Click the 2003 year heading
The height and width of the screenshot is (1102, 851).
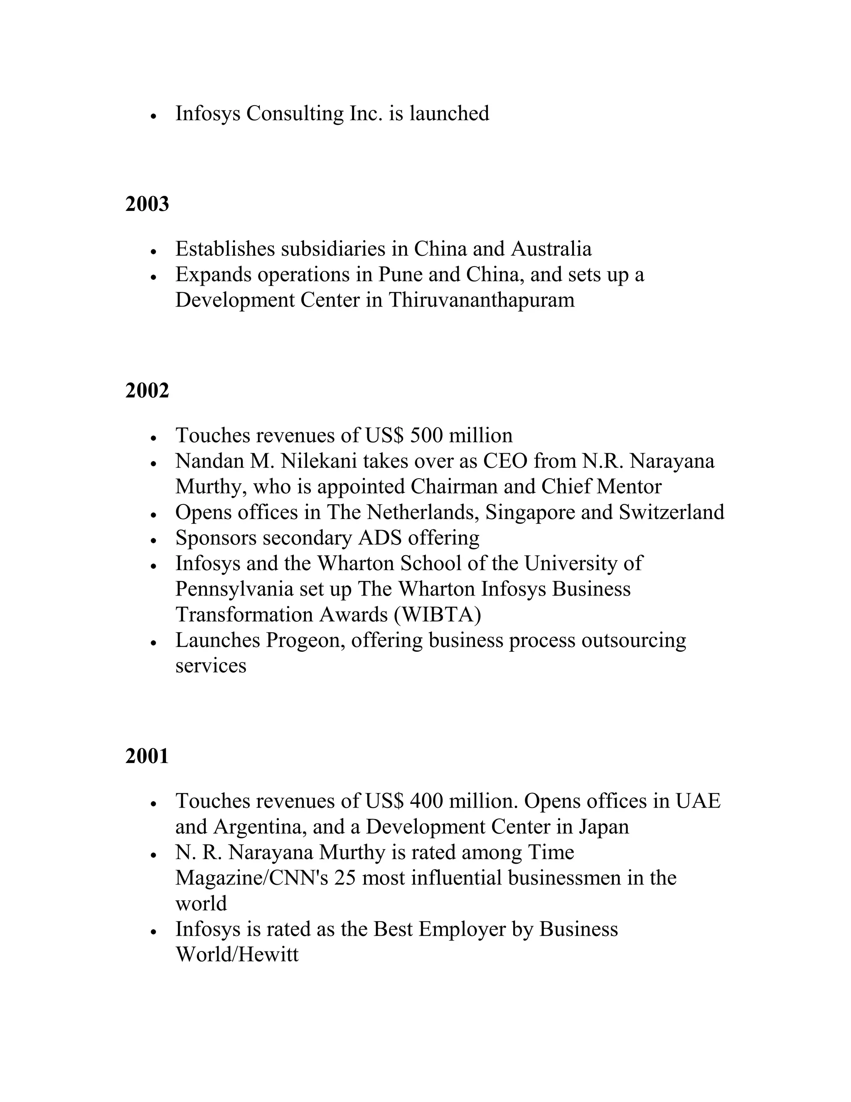tap(147, 204)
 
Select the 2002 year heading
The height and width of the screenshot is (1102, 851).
tap(147, 390)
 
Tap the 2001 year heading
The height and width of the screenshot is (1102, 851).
tap(147, 756)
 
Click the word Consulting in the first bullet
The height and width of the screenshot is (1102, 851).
tap(295, 114)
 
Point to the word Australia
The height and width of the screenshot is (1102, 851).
tap(551, 249)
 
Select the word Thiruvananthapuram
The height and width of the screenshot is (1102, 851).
tap(482, 300)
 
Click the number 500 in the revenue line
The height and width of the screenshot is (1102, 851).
tap(426, 435)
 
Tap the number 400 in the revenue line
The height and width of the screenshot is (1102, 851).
tap(426, 801)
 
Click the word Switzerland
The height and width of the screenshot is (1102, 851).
tap(671, 513)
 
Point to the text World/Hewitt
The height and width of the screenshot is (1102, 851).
tap(237, 955)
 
